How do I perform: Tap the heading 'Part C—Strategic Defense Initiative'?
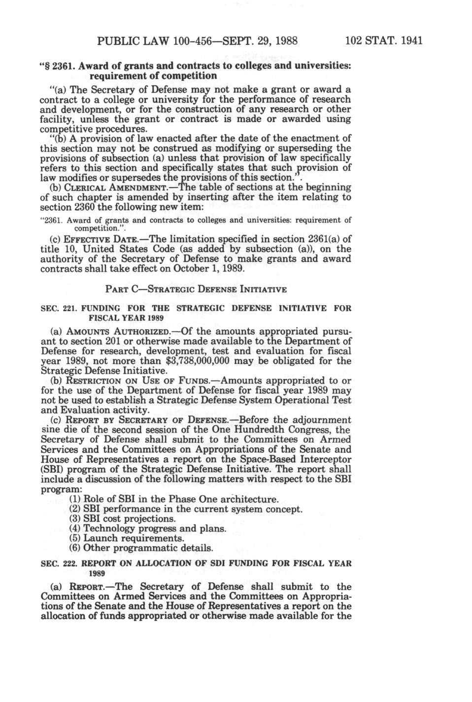click(x=196, y=289)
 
